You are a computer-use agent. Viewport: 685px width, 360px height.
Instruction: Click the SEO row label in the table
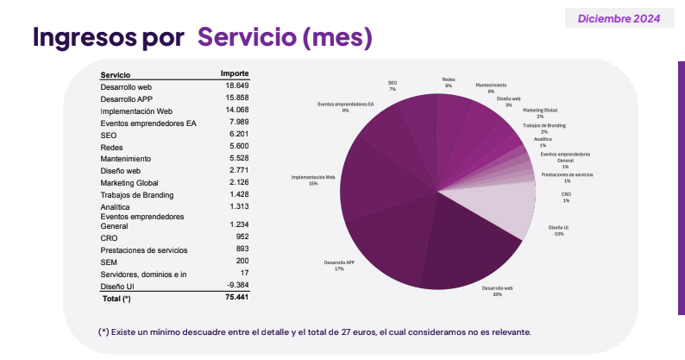point(108,136)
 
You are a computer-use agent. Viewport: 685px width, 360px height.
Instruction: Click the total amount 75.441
point(237,297)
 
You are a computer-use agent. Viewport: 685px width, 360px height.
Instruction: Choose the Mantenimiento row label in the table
point(125,160)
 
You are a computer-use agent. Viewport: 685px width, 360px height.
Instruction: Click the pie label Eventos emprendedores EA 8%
point(345,107)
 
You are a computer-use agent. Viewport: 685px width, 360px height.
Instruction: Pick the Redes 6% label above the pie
point(449,82)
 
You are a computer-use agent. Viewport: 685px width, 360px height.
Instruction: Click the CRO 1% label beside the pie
point(566,198)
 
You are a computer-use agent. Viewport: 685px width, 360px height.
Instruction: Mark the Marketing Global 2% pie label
point(540,113)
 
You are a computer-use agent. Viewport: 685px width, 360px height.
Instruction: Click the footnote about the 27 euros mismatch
point(314,332)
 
